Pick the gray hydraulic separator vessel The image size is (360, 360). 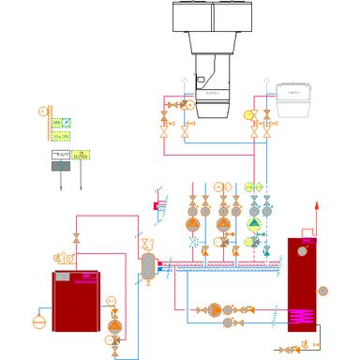pyautogui.click(x=147, y=265)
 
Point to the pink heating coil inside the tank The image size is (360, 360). pyautogui.click(x=302, y=316)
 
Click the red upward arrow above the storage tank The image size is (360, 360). pyautogui.click(x=317, y=205)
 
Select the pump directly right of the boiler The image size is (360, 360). pyautogui.click(x=115, y=325)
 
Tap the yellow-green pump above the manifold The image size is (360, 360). pyautogui.click(x=254, y=224)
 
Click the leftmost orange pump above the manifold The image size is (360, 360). pyautogui.click(x=191, y=224)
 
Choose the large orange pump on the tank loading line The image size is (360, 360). pyautogui.click(x=215, y=309)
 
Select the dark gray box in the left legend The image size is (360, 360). pyautogui.click(x=59, y=166)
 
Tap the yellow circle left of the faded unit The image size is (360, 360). pyautogui.click(x=248, y=115)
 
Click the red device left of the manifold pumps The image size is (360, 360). pyautogui.click(x=157, y=203)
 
